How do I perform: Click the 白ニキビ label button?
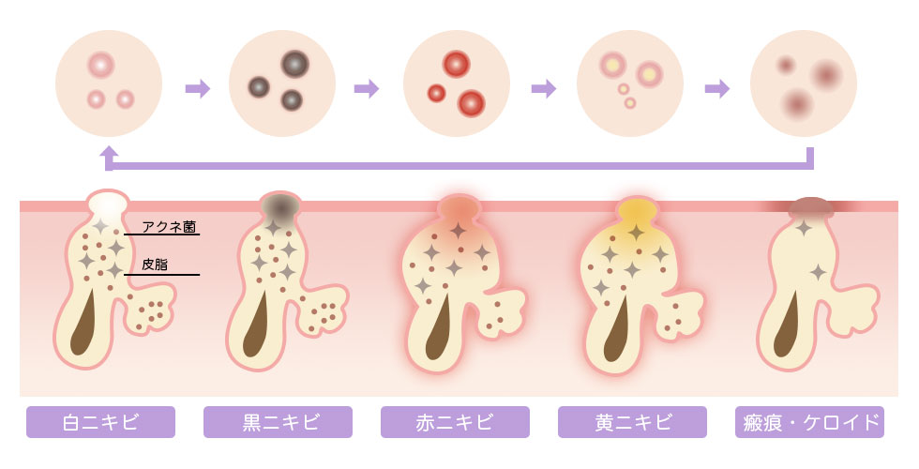[x=100, y=422]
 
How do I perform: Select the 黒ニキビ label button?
[x=278, y=422]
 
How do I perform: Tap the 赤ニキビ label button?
[x=455, y=422]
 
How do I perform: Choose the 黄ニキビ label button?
[x=632, y=422]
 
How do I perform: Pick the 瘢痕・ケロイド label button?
[x=809, y=422]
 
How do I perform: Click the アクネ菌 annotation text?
[x=170, y=226]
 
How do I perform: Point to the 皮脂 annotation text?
[x=155, y=265]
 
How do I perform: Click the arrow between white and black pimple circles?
[x=198, y=88]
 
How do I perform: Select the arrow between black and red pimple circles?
[x=367, y=88]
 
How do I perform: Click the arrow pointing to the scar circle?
[x=717, y=88]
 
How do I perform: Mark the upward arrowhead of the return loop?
[x=109, y=152]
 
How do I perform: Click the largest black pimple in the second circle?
[x=294, y=63]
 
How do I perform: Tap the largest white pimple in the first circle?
[x=100, y=65]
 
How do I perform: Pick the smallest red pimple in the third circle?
[x=436, y=93]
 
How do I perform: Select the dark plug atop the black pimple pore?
[x=280, y=205]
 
